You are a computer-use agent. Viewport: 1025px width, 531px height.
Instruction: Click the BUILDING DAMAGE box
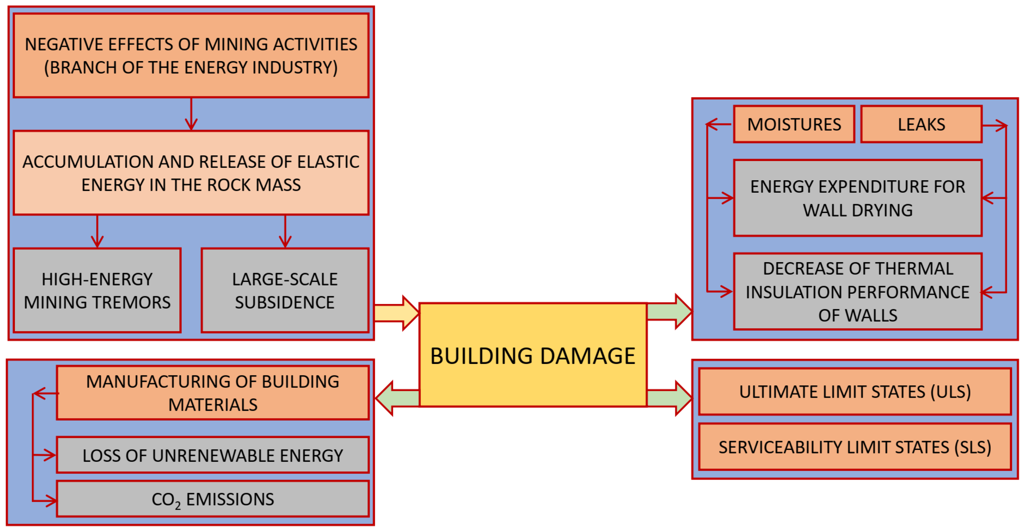(x=532, y=355)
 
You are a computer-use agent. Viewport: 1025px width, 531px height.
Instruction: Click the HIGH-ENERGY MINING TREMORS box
(x=97, y=290)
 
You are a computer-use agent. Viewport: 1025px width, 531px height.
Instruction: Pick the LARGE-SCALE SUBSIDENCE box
(x=285, y=290)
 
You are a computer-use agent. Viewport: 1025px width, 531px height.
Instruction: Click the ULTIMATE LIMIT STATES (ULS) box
(x=855, y=392)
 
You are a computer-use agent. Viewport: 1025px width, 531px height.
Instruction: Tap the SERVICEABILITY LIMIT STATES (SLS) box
(x=855, y=447)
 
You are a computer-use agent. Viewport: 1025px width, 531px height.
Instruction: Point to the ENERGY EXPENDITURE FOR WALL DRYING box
(x=857, y=198)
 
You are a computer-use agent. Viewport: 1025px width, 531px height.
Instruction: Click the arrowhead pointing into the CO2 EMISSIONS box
(x=51, y=500)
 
